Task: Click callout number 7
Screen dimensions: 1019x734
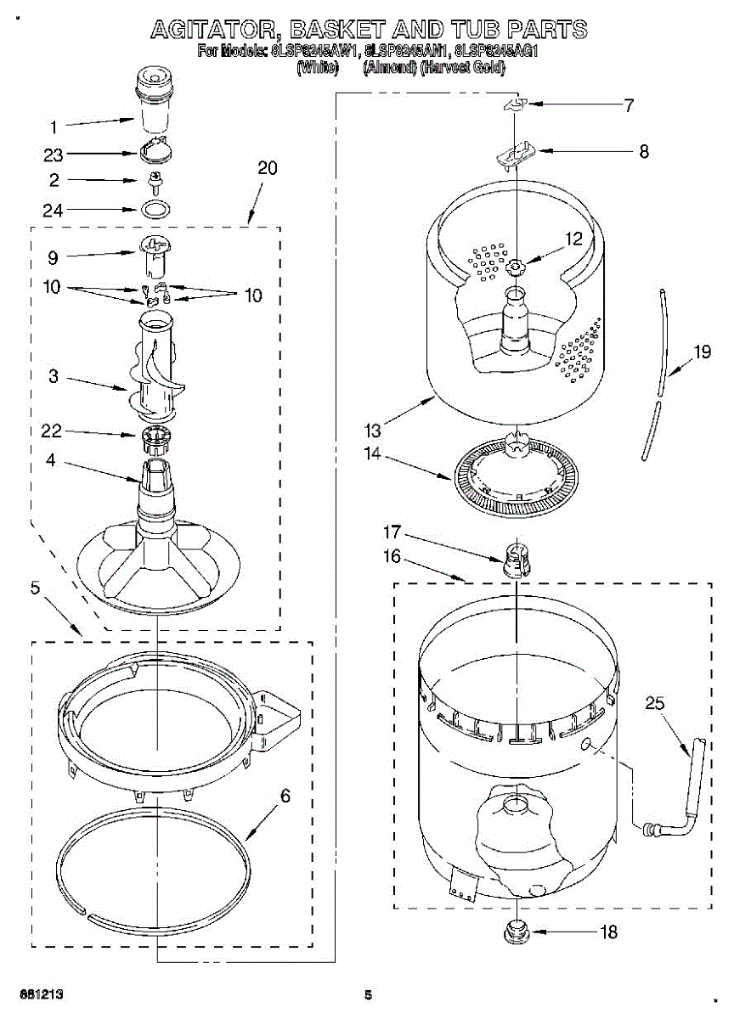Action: [x=628, y=106]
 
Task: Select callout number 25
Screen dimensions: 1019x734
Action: [x=654, y=704]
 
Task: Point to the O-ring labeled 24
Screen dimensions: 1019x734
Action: [x=155, y=210]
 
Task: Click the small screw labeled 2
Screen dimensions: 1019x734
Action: [x=155, y=181]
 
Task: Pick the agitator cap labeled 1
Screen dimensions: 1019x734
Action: [x=154, y=100]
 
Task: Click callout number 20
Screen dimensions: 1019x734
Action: [x=267, y=168]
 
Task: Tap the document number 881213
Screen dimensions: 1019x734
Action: [x=37, y=994]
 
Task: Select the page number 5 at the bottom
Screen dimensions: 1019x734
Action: [x=368, y=994]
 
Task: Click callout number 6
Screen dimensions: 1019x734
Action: [x=285, y=796]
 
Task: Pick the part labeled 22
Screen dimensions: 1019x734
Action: [x=155, y=439]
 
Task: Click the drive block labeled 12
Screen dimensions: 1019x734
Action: [x=516, y=267]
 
